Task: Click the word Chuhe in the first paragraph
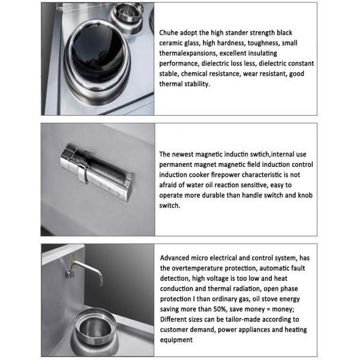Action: pos(169,32)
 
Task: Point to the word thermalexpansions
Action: pos(188,53)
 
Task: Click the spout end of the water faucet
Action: pos(101,284)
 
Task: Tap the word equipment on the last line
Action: pos(176,340)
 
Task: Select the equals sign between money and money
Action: pos(268,310)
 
